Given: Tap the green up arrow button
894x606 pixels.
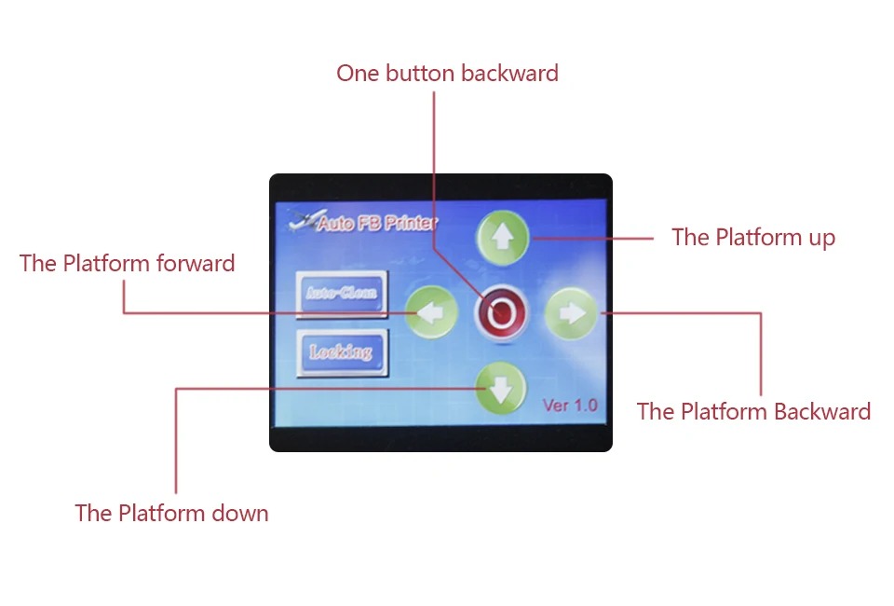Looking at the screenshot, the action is click(502, 238).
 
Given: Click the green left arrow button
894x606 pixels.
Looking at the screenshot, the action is click(431, 312).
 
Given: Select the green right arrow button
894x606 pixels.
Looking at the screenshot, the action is click(571, 312).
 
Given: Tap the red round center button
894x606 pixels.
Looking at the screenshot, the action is click(501, 312).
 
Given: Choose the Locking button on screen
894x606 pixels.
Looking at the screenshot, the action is click(342, 352).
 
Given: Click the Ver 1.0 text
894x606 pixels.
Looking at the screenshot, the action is click(570, 406).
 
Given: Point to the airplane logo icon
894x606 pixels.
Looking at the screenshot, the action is click(305, 220).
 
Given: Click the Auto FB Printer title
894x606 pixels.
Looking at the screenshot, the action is click(377, 223).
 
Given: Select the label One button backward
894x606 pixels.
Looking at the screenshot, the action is click(447, 73).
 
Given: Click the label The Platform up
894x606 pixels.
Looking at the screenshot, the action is click(753, 238).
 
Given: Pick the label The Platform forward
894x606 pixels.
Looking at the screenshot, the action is click(128, 263).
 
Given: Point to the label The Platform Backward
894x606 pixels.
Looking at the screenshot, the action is click(753, 411).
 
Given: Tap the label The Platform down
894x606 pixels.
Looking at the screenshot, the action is click(171, 513).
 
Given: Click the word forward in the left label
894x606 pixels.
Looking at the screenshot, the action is click(196, 263).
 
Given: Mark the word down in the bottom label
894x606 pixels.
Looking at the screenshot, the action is click(240, 513).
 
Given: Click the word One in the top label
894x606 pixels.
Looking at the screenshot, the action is click(358, 73).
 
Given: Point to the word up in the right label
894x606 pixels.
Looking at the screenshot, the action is click(822, 239).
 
